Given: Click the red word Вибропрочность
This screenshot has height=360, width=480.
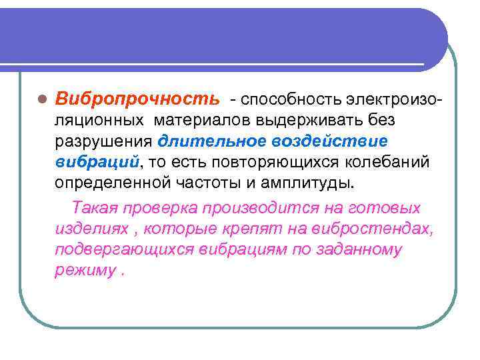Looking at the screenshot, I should [136, 99].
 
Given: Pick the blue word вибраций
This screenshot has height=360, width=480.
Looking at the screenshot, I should [97, 162].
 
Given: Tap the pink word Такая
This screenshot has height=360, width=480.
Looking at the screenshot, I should [93, 207].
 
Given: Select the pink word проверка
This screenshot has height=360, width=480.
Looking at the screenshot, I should [160, 207].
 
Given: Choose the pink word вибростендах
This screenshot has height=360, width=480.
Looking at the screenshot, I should [377, 229].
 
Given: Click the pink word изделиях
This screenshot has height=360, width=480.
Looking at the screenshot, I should [87, 229].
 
